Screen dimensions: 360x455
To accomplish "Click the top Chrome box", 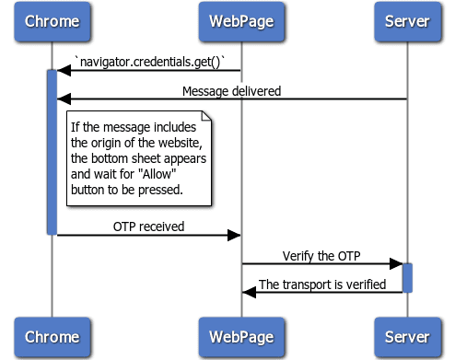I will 52,21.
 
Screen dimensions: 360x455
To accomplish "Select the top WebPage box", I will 241,21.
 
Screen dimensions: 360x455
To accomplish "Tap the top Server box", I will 406,21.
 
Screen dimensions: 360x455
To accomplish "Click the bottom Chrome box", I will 52,338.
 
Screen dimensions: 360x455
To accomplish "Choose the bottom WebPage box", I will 241,338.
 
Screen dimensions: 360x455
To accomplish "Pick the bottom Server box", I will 406,338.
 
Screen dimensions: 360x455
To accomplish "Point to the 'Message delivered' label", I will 231,90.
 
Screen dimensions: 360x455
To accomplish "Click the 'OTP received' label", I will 148,226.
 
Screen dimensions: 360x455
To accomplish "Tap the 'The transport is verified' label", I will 322,284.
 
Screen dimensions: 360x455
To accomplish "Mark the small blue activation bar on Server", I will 406,277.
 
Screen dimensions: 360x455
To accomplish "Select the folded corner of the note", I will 208,117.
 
